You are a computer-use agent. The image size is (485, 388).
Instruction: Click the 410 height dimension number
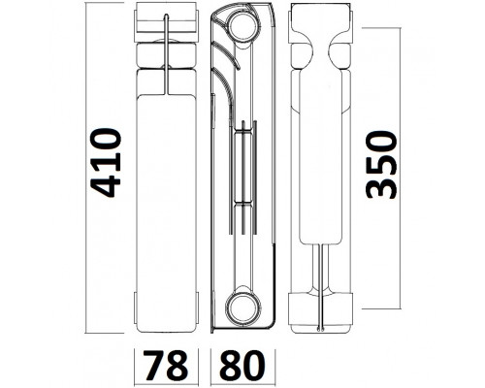pos(106,163)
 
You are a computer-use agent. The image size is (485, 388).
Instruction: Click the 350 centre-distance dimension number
pos(380,164)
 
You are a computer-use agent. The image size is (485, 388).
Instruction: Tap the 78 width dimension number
pos(166,366)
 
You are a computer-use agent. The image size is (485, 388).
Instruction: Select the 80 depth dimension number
pos(242,366)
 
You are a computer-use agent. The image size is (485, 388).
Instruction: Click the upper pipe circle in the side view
pos(243,26)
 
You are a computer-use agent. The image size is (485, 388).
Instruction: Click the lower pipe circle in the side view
pos(243,306)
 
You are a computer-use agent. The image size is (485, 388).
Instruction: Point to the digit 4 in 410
pos(106,186)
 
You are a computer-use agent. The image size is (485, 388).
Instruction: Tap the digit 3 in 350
pos(380,187)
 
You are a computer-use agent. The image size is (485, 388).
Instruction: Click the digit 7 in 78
pos(154,366)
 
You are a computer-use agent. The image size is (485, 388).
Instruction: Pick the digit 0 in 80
pos(254,366)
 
